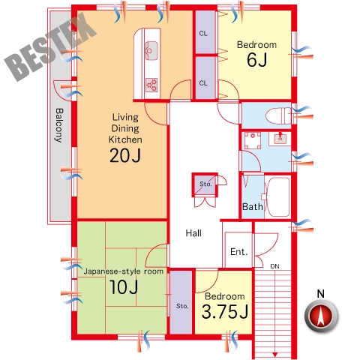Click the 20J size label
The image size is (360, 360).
click(125, 155)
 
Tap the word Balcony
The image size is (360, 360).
click(59, 125)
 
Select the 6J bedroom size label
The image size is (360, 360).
click(257, 60)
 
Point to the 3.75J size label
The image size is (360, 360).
click(225, 312)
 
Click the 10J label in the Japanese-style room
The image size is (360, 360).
click(124, 287)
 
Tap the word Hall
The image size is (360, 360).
click(193, 233)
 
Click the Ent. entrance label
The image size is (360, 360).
click(239, 251)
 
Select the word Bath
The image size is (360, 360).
click(253, 206)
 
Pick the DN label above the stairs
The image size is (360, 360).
click(274, 266)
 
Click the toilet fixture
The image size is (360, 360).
click(278, 116)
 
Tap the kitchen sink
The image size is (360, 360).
click(151, 50)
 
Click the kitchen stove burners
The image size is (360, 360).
click(151, 85)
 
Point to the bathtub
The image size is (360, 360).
click(278, 197)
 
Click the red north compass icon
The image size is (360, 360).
click(321, 316)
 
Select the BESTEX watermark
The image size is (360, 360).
click(50, 47)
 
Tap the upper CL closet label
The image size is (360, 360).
click(203, 33)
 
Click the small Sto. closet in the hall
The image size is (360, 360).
click(205, 184)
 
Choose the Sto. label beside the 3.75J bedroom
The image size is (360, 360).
click(182, 306)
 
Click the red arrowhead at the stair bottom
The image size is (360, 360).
click(275, 354)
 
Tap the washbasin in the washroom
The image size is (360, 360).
click(280, 138)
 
